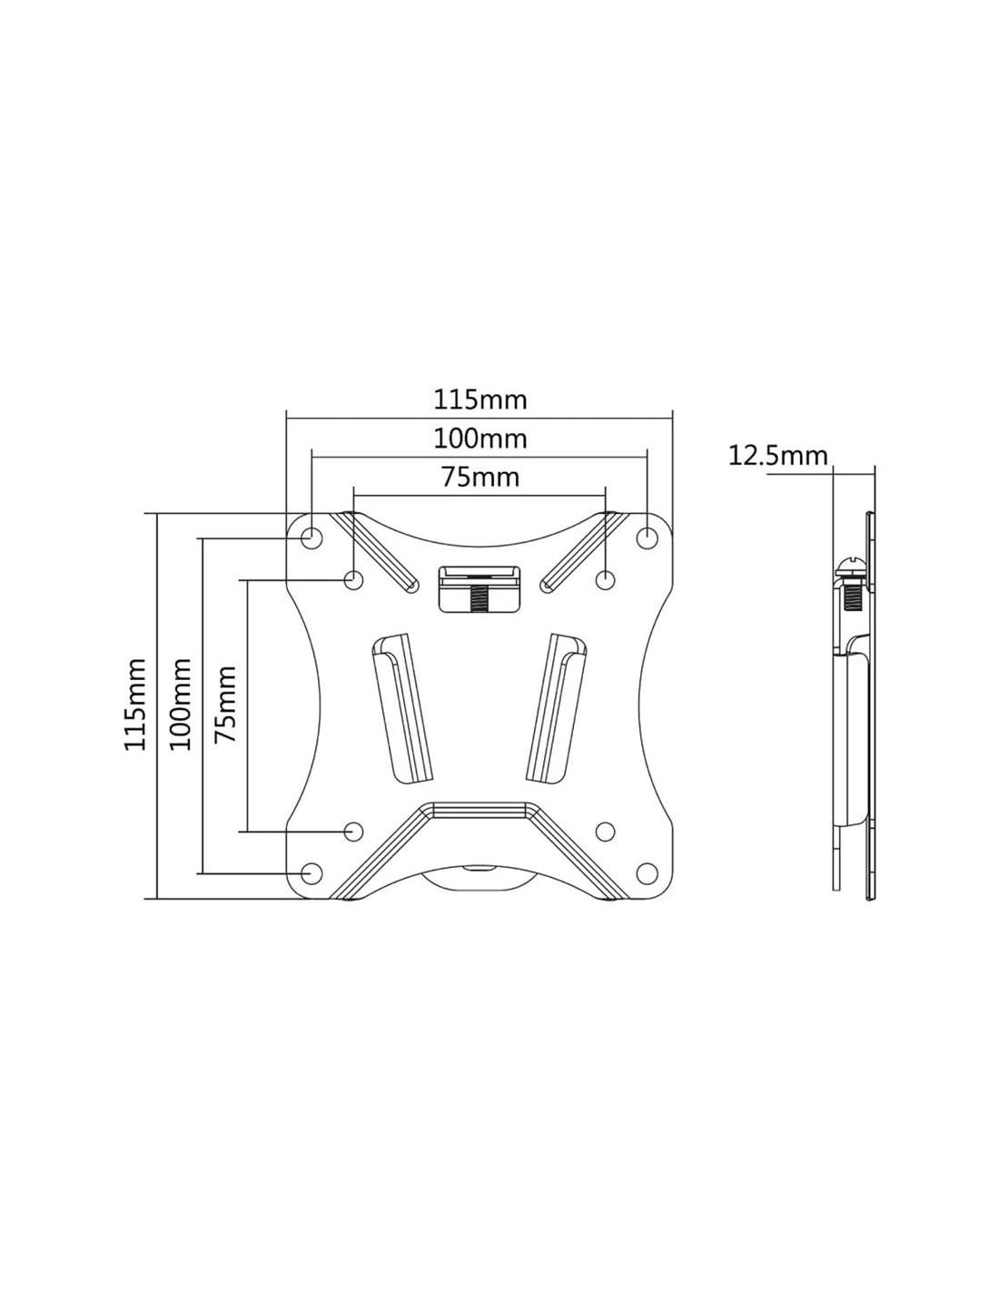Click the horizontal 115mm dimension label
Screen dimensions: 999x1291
tap(480, 399)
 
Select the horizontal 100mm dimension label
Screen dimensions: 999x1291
tap(480, 439)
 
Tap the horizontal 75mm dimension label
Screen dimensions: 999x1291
tap(480, 477)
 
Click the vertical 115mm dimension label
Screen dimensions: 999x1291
tap(135, 704)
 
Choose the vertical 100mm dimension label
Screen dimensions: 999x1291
tap(181, 704)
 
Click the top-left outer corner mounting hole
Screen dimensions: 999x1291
tap(312, 538)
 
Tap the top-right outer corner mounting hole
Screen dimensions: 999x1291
tap(647, 538)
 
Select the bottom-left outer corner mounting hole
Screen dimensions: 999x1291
tap(311, 873)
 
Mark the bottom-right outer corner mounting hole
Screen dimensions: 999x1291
tap(647, 873)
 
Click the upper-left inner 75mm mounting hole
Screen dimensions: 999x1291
tap(354, 578)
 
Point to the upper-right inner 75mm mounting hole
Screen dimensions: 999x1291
tap(605, 578)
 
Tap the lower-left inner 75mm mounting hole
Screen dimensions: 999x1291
tap(354, 831)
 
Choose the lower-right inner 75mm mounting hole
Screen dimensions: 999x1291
tap(605, 831)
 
